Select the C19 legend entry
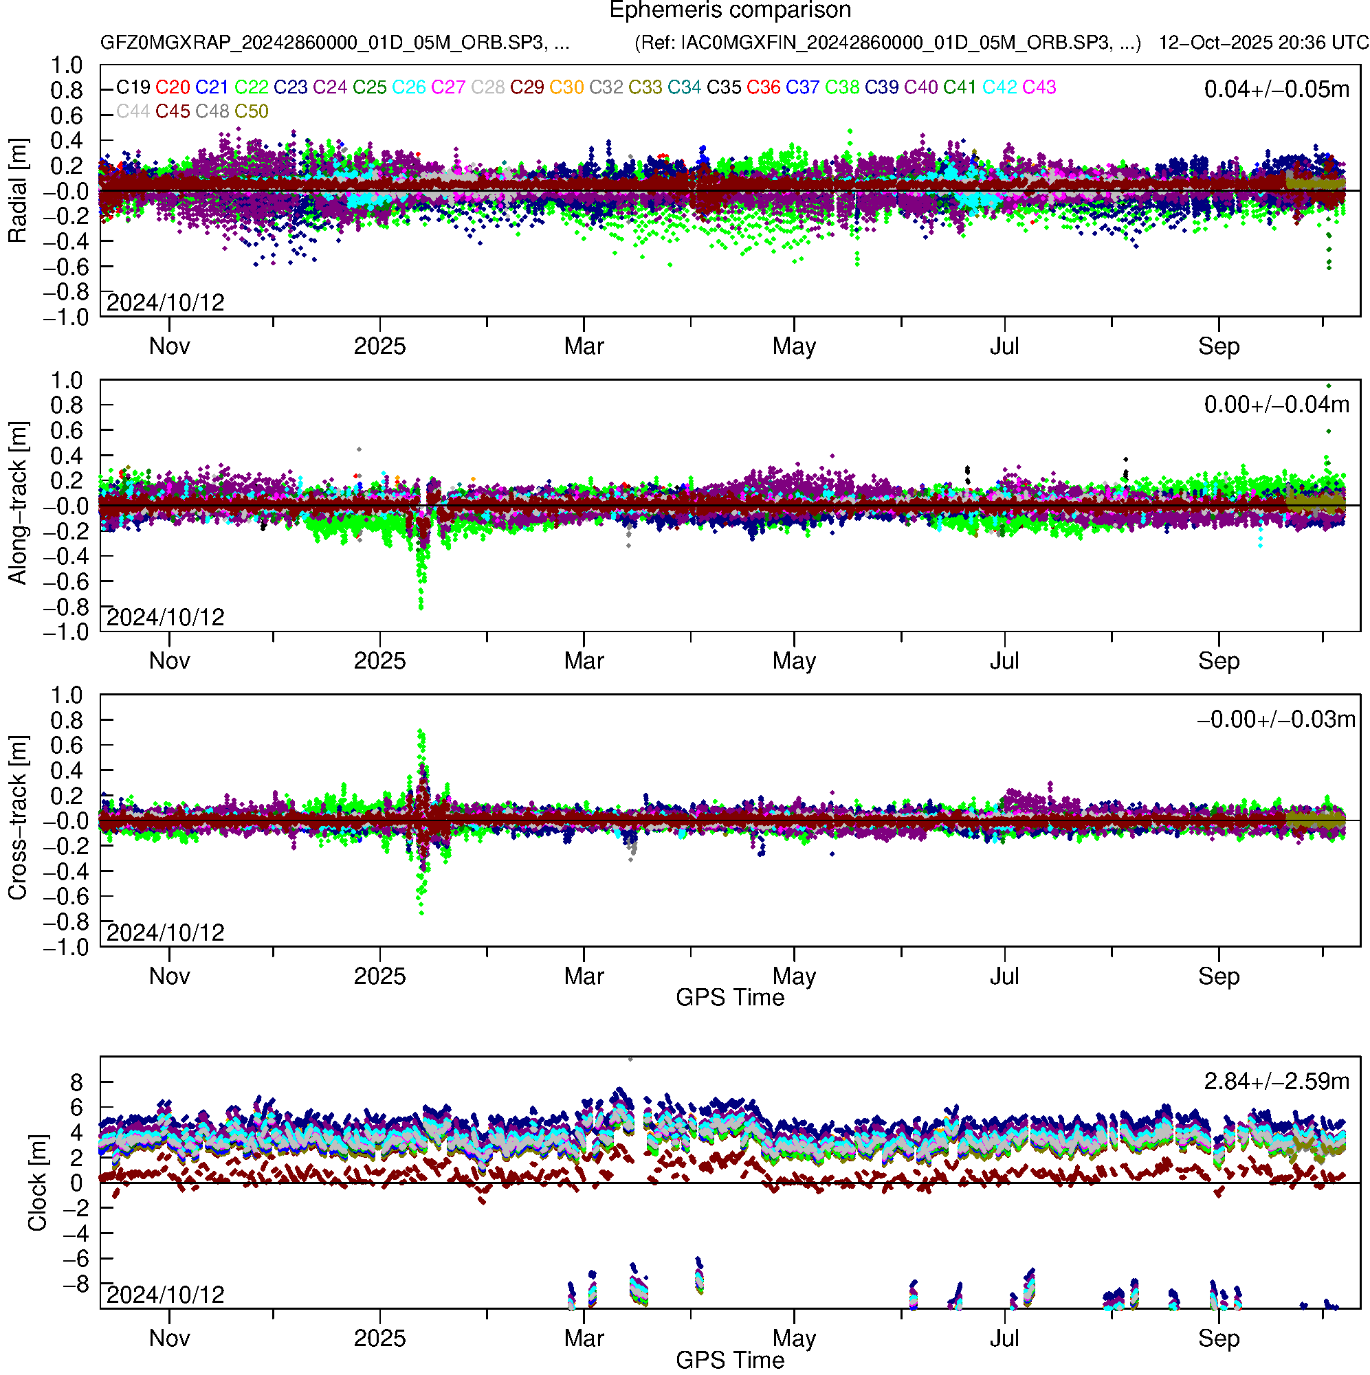click(x=133, y=87)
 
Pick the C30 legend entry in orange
click(x=566, y=87)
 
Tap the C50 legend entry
click(x=252, y=111)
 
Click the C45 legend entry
click(x=173, y=111)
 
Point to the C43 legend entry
click(x=1039, y=87)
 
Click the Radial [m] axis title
click(x=17, y=190)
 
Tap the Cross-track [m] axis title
click(x=17, y=818)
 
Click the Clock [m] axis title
click(x=36, y=1182)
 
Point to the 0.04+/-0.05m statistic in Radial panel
click(x=1276, y=89)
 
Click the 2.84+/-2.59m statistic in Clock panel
click(x=1276, y=1081)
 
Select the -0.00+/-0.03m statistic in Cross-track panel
click(x=1275, y=719)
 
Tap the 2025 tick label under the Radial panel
click(x=379, y=346)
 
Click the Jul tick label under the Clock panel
click(x=1004, y=1338)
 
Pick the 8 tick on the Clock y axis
click(x=76, y=1082)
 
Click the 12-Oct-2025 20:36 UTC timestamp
click(x=1263, y=43)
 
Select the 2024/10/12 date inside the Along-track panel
click(x=165, y=616)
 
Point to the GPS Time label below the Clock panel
click(x=730, y=1360)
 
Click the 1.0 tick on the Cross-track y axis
click(x=66, y=695)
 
